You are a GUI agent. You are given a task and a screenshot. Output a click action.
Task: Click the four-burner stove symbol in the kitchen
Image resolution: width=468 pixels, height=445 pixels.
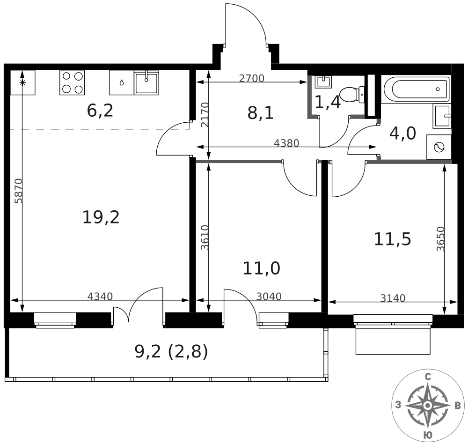[x=72, y=82]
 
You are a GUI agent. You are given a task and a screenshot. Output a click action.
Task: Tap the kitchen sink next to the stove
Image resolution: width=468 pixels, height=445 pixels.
[x=146, y=83]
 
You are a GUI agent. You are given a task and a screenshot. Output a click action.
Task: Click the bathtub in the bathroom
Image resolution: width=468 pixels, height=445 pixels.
[x=416, y=89]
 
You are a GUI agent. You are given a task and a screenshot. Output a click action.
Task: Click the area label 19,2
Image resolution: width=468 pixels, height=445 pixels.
[x=101, y=217]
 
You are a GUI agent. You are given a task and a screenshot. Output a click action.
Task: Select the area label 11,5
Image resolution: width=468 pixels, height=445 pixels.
[x=392, y=239]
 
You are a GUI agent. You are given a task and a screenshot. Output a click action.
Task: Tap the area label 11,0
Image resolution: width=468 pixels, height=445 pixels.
[x=261, y=268]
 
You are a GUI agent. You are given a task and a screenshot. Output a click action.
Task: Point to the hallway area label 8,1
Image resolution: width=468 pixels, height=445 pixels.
[x=261, y=113]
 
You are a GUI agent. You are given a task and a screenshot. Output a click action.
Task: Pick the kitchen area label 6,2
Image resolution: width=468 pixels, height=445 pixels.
[x=100, y=111]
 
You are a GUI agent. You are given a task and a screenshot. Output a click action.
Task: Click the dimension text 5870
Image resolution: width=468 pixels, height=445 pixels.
[x=18, y=191]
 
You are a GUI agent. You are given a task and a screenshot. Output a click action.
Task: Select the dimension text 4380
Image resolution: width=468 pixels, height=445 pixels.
[x=286, y=143]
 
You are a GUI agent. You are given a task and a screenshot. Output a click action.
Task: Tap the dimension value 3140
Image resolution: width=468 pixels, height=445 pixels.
[x=393, y=298]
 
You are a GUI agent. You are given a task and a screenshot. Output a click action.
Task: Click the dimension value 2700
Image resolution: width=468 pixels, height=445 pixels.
[x=252, y=79]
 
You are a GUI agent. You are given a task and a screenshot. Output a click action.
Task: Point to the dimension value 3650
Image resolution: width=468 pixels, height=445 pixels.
[x=439, y=239]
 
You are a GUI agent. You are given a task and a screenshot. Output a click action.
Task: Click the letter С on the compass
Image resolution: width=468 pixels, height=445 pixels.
[x=427, y=377]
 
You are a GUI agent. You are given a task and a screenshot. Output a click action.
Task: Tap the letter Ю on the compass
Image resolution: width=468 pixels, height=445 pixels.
[x=427, y=435]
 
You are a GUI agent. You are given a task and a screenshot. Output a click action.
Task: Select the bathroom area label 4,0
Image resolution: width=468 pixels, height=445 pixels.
[x=402, y=133]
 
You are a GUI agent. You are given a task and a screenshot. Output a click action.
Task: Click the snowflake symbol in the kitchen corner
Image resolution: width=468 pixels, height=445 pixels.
[x=22, y=82]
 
